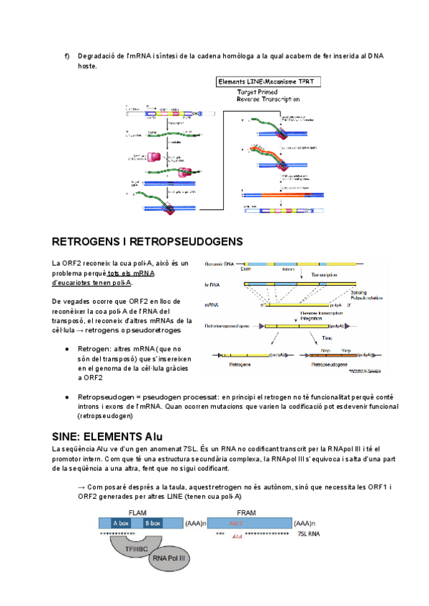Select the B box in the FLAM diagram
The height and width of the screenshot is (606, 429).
pos(153,523)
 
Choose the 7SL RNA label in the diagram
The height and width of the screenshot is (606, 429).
pos(309,533)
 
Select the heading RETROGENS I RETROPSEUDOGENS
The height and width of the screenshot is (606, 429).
pos(147,242)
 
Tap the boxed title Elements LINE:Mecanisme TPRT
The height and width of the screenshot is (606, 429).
pos(269,82)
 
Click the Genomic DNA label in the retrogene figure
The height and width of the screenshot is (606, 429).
pos(220,264)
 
